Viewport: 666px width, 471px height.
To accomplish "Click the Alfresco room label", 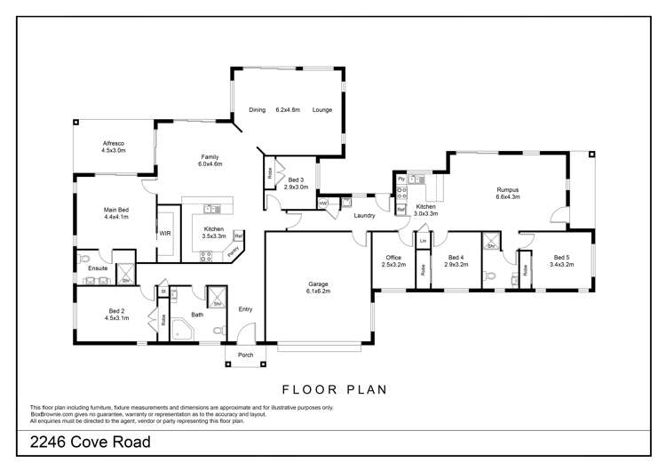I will [x=113, y=147].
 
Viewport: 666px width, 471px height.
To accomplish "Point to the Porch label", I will [x=244, y=355].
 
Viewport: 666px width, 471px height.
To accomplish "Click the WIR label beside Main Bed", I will [x=165, y=233].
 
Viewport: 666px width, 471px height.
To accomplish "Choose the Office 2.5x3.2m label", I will [x=393, y=260].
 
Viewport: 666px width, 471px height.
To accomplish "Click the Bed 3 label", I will [x=296, y=183].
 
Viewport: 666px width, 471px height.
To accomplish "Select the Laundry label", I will [x=364, y=215].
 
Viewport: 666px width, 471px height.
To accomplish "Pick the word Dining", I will [x=258, y=110].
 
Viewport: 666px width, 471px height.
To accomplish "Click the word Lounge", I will [x=322, y=110].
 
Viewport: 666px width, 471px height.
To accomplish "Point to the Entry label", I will [x=246, y=309].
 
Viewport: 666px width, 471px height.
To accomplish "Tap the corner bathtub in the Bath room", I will [x=182, y=330].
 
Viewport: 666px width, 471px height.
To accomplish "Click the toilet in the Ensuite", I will [x=83, y=259].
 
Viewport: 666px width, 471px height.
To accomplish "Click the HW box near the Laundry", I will [x=323, y=204].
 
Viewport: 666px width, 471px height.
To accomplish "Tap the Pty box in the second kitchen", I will [x=400, y=180].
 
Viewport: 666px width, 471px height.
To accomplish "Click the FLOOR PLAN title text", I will [x=332, y=389].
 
